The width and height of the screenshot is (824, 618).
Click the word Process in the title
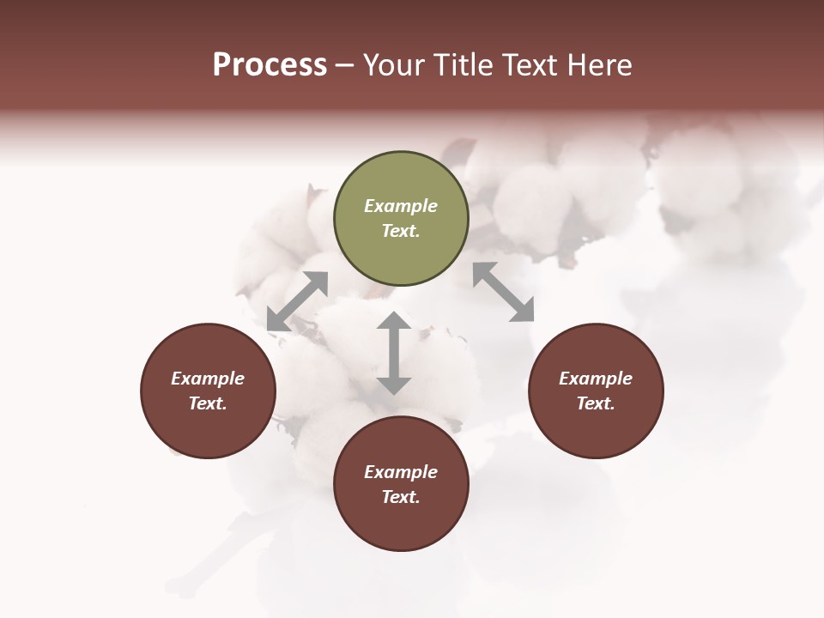tap(270, 65)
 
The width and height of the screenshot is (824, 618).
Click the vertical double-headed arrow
tap(394, 353)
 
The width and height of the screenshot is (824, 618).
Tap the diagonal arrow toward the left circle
tap(297, 301)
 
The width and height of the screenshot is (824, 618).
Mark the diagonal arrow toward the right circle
tap(503, 292)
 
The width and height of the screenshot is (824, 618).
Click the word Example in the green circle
tap(401, 206)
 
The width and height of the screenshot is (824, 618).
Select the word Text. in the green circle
tap(401, 231)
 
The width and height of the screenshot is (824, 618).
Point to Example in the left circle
tap(208, 379)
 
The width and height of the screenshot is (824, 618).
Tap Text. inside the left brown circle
tap(208, 403)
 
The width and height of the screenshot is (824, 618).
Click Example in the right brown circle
tap(596, 379)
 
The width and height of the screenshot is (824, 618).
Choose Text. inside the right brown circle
tap(596, 403)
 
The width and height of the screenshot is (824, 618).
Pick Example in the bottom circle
tap(401, 472)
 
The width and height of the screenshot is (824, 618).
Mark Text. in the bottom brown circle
tap(401, 497)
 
